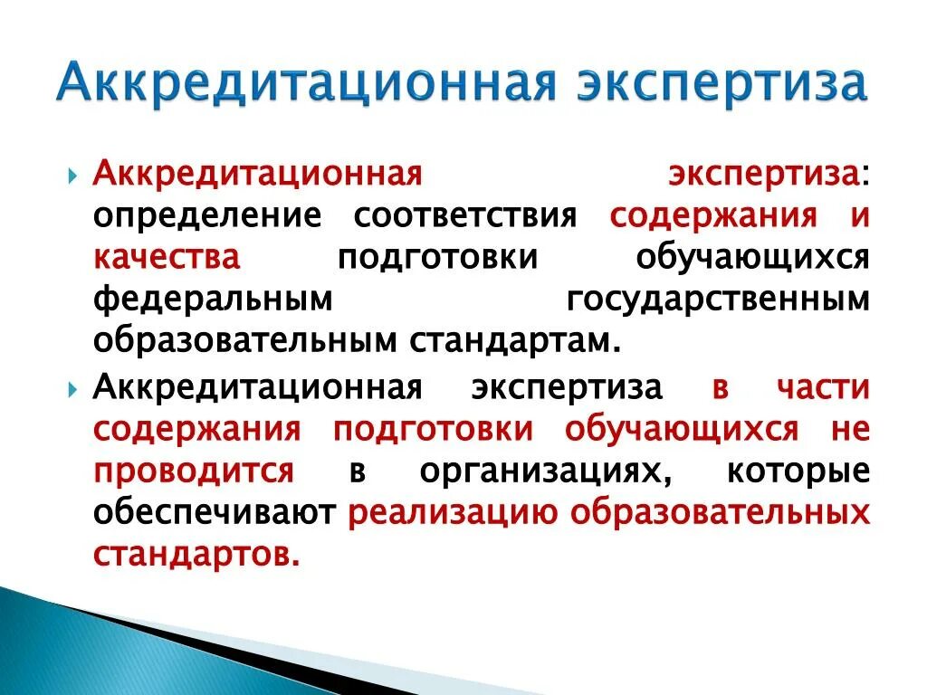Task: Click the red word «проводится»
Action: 193,471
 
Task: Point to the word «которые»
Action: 798,471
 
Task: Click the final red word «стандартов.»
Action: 196,555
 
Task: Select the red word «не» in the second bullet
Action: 851,430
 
